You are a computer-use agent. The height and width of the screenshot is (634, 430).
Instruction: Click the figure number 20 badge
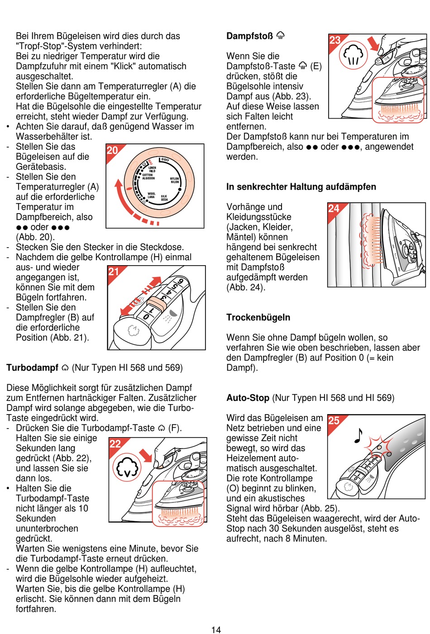(112, 150)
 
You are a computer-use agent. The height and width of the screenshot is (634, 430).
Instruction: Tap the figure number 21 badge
(114, 272)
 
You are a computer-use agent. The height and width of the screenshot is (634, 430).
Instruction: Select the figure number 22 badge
(115, 443)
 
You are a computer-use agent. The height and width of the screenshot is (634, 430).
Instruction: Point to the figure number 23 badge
(335, 40)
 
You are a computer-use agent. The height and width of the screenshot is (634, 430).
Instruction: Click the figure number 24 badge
(334, 209)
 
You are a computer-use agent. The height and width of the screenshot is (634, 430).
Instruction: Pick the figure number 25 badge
(334, 420)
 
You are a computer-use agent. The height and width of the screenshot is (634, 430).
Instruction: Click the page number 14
(216, 629)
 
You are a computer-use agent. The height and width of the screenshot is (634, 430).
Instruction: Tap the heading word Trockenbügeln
(258, 317)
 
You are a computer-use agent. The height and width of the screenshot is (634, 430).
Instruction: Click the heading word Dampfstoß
(249, 36)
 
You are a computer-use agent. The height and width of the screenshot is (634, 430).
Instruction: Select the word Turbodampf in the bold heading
(32, 367)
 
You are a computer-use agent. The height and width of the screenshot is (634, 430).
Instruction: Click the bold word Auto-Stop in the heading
(248, 398)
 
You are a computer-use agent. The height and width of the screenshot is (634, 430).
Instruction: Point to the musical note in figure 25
(358, 435)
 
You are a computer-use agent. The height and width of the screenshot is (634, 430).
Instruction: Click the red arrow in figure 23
(373, 44)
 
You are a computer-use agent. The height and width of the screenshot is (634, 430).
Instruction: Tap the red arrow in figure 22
(146, 454)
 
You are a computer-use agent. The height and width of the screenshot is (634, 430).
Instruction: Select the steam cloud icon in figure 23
(354, 56)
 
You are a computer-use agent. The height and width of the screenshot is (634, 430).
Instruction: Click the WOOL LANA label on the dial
(151, 195)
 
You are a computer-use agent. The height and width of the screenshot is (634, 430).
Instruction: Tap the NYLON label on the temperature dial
(174, 180)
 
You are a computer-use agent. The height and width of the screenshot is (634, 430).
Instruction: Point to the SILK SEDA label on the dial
(164, 198)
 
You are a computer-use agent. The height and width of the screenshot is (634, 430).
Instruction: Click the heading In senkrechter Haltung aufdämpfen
(301, 187)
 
